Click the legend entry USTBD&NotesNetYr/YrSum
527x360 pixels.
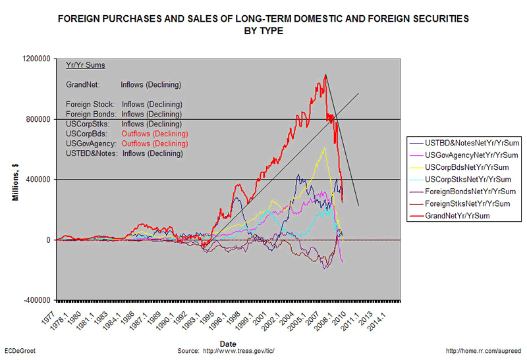464,143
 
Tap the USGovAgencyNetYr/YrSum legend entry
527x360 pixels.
467,155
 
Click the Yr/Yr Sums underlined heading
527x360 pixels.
86,66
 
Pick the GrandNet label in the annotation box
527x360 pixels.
82,85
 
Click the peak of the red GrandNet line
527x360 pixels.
325,75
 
